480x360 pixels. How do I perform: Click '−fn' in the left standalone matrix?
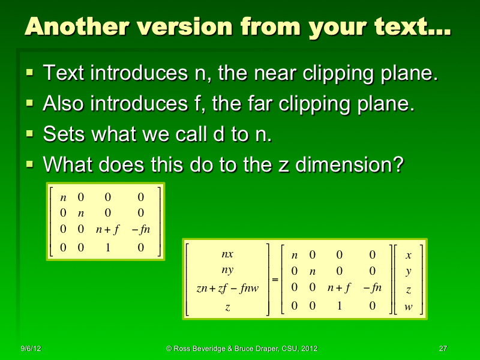coord(140,229)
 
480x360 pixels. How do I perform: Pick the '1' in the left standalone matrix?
coord(107,247)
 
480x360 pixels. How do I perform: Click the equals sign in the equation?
coord(275,280)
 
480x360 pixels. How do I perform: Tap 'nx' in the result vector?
coord(227,254)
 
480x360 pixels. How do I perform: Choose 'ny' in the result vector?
coord(227,271)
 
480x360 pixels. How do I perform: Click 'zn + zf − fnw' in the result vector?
coord(227,289)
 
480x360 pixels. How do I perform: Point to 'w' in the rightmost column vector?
coord(409,308)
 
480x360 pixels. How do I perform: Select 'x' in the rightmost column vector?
coord(409,254)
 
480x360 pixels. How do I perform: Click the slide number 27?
coord(443,349)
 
